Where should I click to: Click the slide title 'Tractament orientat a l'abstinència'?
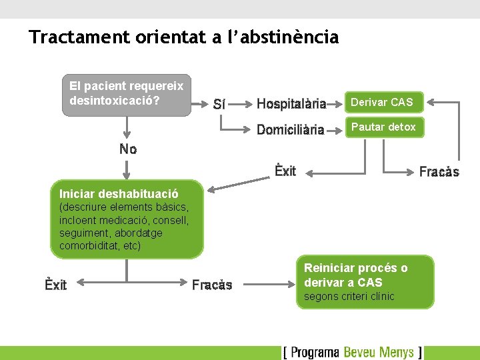[184, 37]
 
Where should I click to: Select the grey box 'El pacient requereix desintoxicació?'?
[127, 95]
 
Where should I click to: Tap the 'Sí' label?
[219, 104]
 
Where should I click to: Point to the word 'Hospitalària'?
[291, 103]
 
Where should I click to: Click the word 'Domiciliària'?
[290, 129]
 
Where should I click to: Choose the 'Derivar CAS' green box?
[384, 102]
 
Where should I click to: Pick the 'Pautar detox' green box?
[384, 127]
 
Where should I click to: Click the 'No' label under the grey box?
[128, 149]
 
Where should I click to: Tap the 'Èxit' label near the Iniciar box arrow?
[285, 171]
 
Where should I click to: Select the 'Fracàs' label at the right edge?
[439, 172]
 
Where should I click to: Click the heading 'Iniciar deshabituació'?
[119, 195]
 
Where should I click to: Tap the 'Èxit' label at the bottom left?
[56, 285]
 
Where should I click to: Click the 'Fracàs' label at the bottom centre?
[212, 285]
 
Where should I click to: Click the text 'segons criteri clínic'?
[349, 297]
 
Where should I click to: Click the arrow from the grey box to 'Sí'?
[199, 103]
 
